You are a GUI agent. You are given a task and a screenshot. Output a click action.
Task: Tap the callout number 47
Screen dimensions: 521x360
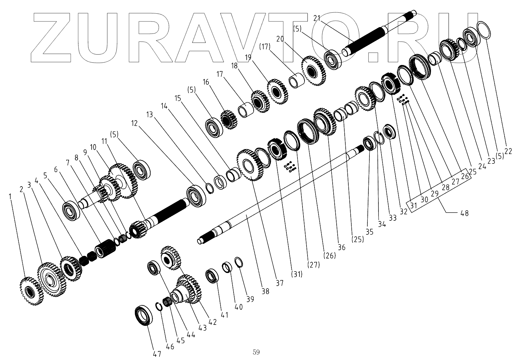click(x=157, y=354)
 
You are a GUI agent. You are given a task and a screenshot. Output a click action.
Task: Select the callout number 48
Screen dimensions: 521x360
click(x=464, y=213)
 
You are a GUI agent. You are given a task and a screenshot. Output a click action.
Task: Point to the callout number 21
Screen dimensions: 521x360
click(x=317, y=17)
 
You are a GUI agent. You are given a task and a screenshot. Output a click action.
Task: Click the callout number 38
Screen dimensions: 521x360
click(x=265, y=292)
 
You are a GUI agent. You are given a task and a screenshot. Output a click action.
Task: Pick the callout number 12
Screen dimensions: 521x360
click(x=135, y=123)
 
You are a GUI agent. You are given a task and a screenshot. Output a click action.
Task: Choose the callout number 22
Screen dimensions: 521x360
click(x=508, y=151)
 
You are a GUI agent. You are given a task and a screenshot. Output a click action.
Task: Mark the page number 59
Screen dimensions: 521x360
click(x=256, y=352)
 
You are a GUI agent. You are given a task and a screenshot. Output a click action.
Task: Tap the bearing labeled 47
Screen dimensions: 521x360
click(x=144, y=316)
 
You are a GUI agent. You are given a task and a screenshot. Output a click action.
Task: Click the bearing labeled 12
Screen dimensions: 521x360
click(x=196, y=196)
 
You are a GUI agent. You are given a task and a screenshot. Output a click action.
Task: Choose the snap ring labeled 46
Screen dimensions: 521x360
click(x=160, y=306)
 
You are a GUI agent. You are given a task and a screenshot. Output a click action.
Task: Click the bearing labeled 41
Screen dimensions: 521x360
click(x=212, y=276)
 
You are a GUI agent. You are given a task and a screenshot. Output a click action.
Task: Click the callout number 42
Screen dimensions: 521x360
click(x=212, y=322)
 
